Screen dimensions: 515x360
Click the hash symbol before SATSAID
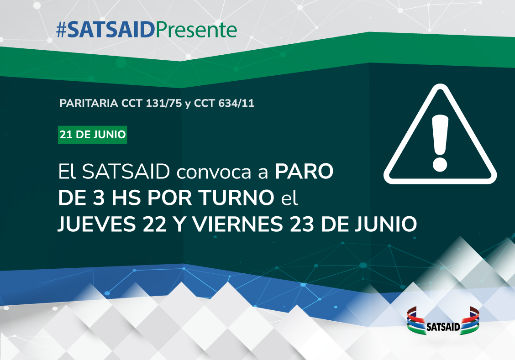click(x=62, y=30)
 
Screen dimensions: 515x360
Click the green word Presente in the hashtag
click(x=196, y=30)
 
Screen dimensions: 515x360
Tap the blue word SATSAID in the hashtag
click(x=111, y=30)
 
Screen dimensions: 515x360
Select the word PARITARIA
click(x=89, y=103)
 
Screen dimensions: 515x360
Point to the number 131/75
click(x=164, y=103)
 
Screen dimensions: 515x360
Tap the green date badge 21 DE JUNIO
click(x=93, y=135)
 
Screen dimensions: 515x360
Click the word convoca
click(x=214, y=172)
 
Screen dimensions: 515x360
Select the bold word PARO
click(x=304, y=171)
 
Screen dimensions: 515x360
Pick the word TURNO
click(x=237, y=198)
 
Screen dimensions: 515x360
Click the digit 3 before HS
click(x=99, y=198)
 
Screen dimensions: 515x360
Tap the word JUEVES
click(x=97, y=224)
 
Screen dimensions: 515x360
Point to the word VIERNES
click(x=237, y=224)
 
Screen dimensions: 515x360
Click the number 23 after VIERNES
click(x=301, y=224)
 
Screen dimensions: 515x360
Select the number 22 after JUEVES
click(x=154, y=224)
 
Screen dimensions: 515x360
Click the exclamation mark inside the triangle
click(x=440, y=143)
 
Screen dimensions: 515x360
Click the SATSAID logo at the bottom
click(x=443, y=321)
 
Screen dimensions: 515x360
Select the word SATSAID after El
click(x=126, y=171)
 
